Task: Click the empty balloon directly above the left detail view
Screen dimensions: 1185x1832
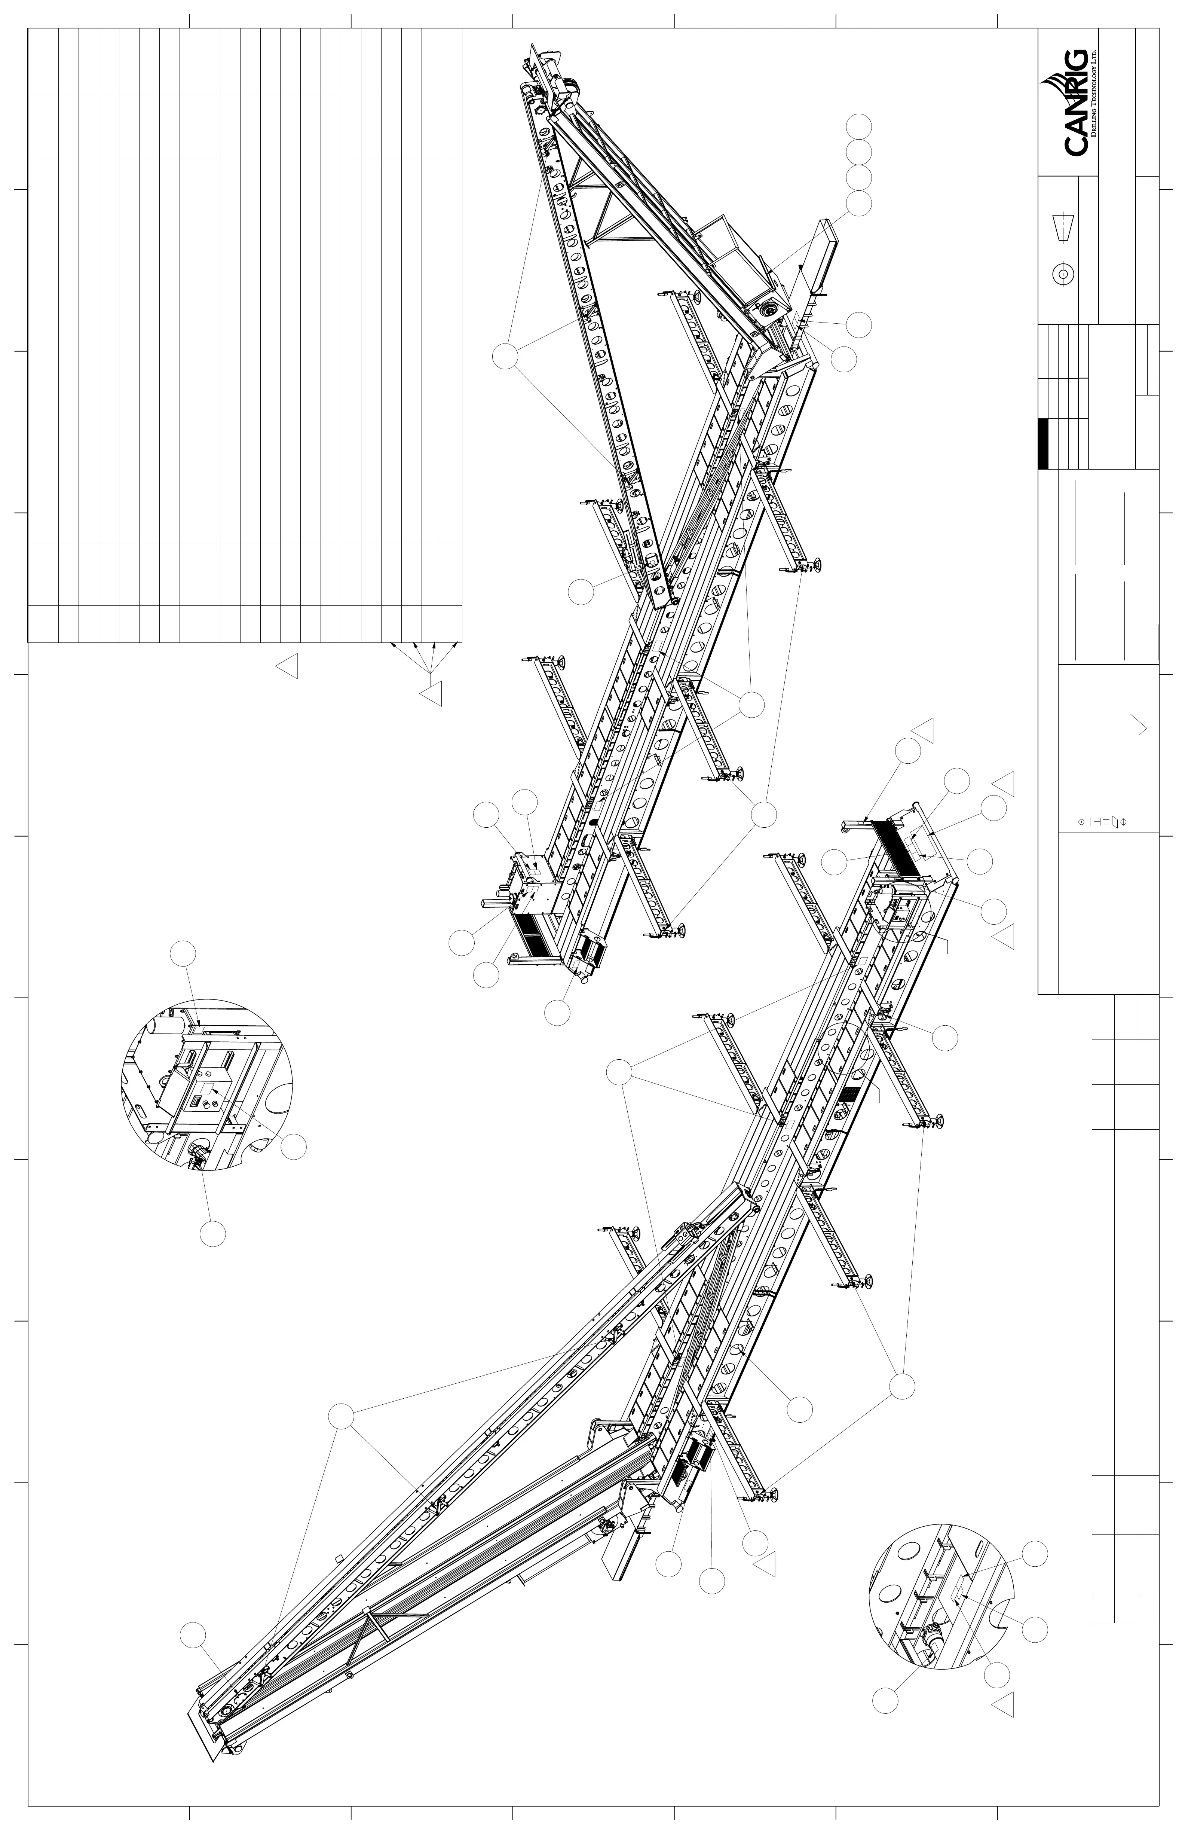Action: click(183, 953)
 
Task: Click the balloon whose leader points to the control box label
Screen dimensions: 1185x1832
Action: click(293, 1146)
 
